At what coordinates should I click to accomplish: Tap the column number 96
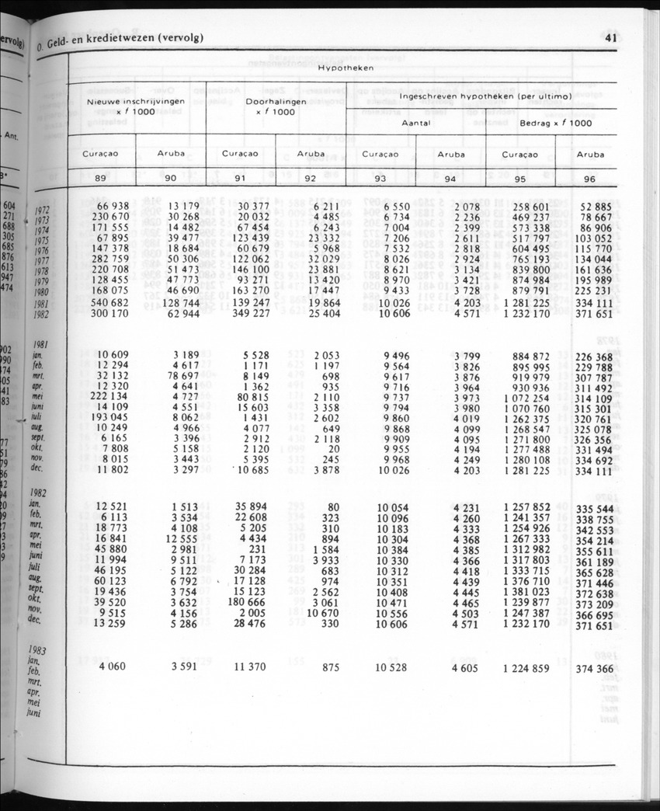[590, 179]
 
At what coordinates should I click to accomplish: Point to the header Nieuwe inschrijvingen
[125, 102]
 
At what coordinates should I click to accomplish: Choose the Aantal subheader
[415, 123]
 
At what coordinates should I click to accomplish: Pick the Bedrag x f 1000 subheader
[555, 123]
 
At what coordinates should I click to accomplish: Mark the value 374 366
[595, 668]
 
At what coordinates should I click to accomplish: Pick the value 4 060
[113, 666]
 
